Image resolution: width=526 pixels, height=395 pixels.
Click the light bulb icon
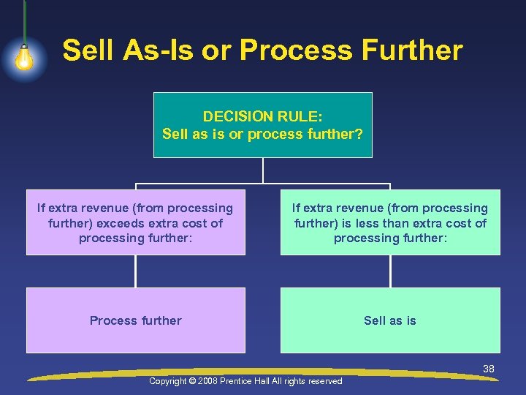(24, 57)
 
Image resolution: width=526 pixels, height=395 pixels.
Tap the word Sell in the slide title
(85, 50)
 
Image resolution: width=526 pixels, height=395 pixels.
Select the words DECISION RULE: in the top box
(262, 116)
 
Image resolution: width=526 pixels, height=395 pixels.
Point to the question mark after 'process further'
(359, 135)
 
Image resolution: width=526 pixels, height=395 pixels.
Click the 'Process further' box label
(135, 320)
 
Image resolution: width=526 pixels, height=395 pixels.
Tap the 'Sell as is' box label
(390, 320)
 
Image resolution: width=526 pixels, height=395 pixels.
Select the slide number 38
(489, 369)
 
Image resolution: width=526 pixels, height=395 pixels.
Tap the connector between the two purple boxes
(135, 271)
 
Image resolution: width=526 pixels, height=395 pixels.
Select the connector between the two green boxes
(390, 271)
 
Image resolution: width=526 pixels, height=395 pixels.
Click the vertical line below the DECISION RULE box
(263, 170)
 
